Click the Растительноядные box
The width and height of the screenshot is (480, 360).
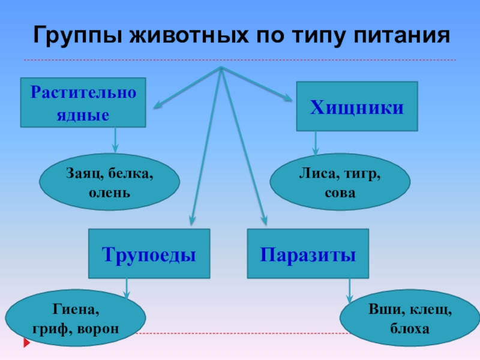(x=83, y=103)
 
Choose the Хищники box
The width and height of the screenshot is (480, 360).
(x=356, y=106)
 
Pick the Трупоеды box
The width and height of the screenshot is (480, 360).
(x=149, y=254)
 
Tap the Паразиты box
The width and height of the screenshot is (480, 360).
(x=308, y=254)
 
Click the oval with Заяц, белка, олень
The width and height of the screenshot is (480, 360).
(x=109, y=184)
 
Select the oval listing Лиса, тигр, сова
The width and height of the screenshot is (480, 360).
(x=340, y=184)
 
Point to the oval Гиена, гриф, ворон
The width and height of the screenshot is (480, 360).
(x=76, y=319)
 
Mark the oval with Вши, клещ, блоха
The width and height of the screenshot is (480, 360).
(x=410, y=319)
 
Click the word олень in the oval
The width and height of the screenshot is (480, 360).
(x=109, y=193)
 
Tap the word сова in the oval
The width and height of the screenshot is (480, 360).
(x=340, y=193)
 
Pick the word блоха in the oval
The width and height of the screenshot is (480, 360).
(x=410, y=329)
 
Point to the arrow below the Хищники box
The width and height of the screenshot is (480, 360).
(x=316, y=144)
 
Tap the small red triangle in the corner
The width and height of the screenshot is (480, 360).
(x=27, y=343)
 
